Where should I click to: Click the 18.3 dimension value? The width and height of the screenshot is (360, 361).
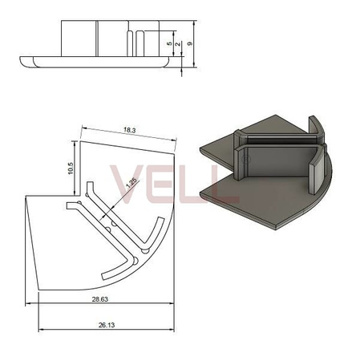click(130, 131)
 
